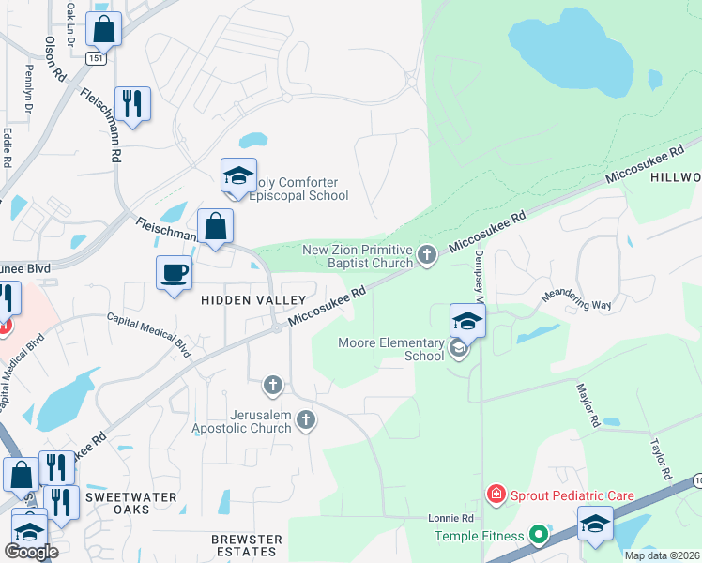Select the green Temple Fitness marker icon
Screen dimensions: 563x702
(x=538, y=536)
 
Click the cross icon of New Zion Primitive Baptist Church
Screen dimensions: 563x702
(x=427, y=254)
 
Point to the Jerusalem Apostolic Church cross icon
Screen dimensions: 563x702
(x=305, y=419)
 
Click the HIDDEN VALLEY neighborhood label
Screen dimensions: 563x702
(x=252, y=300)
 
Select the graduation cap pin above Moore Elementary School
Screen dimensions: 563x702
(x=467, y=322)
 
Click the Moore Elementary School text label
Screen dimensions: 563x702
(x=391, y=349)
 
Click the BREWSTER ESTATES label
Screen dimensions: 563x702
(x=247, y=546)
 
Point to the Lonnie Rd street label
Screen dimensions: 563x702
(x=450, y=518)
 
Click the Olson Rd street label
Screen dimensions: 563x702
(x=53, y=59)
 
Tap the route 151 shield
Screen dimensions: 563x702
(x=97, y=57)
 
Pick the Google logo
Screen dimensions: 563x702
(x=31, y=552)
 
